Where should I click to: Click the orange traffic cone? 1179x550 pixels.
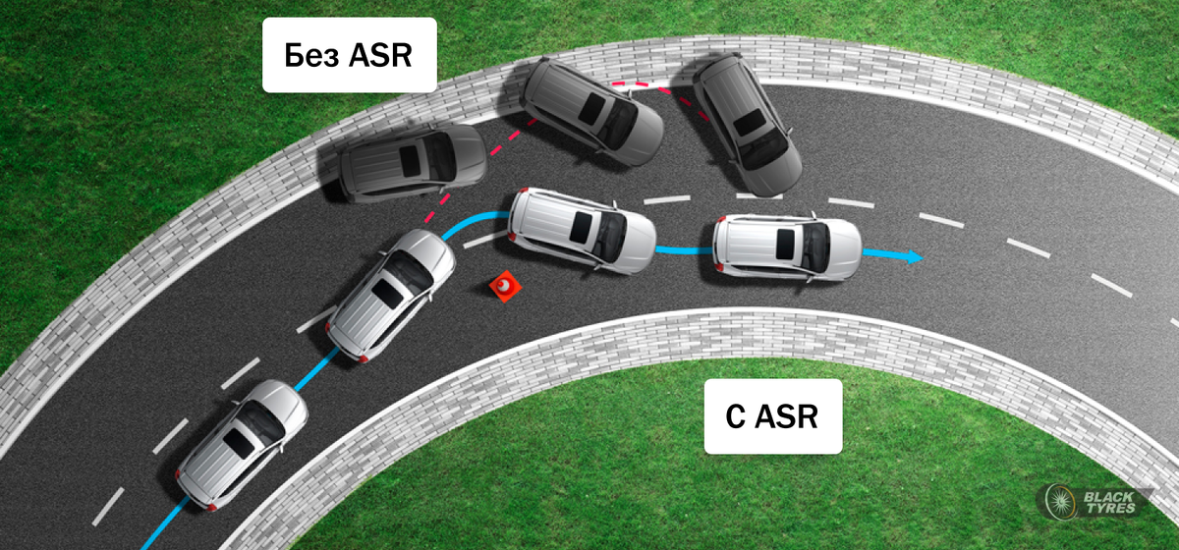[x=505, y=287]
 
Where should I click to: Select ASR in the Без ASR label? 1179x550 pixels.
[x=380, y=55]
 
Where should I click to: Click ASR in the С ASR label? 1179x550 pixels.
[x=786, y=416]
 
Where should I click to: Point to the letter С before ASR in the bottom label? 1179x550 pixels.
[x=735, y=416]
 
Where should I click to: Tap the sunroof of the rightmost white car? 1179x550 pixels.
[x=785, y=245]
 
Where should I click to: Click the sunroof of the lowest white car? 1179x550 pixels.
[x=239, y=443]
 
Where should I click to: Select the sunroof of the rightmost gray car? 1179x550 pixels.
[x=749, y=123]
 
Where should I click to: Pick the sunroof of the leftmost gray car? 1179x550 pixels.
[x=410, y=162]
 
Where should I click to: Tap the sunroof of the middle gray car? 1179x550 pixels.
[x=591, y=109]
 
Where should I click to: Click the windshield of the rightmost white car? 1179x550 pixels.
[x=816, y=247]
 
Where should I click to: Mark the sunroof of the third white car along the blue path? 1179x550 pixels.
[x=581, y=228]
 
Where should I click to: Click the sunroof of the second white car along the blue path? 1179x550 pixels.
[x=388, y=294]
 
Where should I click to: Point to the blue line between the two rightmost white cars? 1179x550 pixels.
[x=684, y=250]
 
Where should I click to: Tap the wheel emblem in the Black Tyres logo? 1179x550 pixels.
[x=1060, y=502]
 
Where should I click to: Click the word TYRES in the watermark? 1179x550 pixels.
[x=1110, y=508]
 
